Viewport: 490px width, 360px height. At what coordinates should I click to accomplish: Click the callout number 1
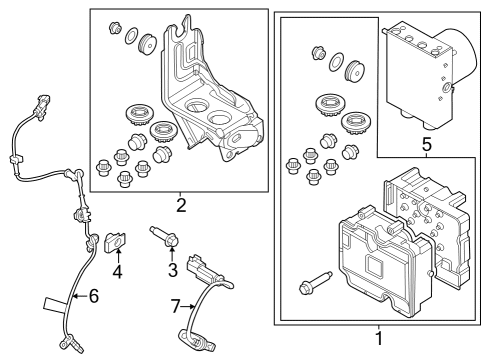tap(378, 340)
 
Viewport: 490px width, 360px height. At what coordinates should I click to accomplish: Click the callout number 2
tap(181, 207)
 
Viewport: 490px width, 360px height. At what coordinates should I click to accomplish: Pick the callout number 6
tap(94, 296)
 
